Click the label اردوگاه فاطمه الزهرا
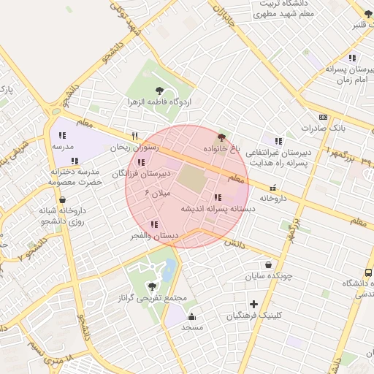(159, 102)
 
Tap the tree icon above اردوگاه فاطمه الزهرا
(159, 91)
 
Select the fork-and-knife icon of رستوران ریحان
(134, 137)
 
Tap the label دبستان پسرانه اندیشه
(218, 208)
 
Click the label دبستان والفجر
(154, 236)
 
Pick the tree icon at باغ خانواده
(221, 137)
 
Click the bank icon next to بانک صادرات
(324, 117)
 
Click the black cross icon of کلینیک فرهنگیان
(253, 304)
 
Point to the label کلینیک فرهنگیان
(253, 316)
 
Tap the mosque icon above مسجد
(191, 316)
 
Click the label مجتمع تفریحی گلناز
(152, 299)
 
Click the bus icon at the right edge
(368, 272)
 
